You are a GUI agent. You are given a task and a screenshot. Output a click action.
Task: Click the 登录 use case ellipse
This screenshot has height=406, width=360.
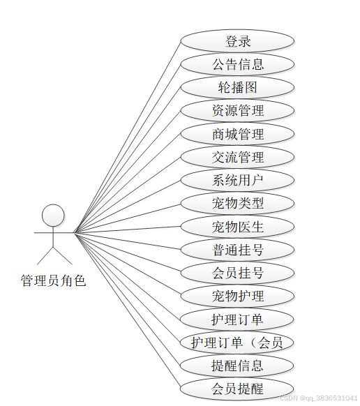[x=237, y=41]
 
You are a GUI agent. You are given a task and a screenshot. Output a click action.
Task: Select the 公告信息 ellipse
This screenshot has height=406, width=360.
[x=237, y=64]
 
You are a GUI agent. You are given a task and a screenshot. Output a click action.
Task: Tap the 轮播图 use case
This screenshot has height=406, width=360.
[x=237, y=87]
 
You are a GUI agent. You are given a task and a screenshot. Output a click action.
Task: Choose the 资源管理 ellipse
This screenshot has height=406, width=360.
[x=237, y=110]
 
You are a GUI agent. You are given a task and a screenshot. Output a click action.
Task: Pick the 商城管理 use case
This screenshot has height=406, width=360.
[x=237, y=134]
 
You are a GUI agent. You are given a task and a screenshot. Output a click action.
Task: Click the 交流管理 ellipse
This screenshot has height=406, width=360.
[x=237, y=157]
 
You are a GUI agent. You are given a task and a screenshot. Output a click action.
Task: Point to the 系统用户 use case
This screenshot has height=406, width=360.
[x=237, y=180]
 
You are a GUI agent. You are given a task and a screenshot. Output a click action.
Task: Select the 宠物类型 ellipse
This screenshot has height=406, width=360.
[x=237, y=203]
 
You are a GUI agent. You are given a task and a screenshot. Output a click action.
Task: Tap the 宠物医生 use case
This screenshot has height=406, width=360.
[x=237, y=227]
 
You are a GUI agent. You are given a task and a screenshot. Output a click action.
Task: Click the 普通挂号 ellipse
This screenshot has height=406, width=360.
[x=237, y=250]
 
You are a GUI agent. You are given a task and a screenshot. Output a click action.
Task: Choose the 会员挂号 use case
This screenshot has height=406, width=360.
[x=237, y=273]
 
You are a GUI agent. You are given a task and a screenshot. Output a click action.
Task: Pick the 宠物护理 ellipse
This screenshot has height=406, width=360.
[x=237, y=296]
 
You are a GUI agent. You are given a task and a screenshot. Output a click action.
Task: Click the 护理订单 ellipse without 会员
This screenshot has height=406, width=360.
[x=237, y=319]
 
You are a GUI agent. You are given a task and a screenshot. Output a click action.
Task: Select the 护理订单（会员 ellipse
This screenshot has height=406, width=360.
[x=237, y=343]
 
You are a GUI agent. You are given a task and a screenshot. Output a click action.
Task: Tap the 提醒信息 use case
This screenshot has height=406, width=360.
[x=237, y=366]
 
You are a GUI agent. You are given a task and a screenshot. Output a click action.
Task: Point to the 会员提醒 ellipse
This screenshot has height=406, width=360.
[x=237, y=389]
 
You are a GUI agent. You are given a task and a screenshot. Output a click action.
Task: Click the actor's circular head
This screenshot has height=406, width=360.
[x=53, y=216]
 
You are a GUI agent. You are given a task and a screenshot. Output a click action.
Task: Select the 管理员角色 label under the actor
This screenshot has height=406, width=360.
[x=53, y=281]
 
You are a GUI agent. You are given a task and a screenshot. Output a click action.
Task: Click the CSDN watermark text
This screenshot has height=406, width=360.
[x=320, y=398]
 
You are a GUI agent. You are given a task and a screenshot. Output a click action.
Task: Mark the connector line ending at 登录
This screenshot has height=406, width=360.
[x=128, y=137]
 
